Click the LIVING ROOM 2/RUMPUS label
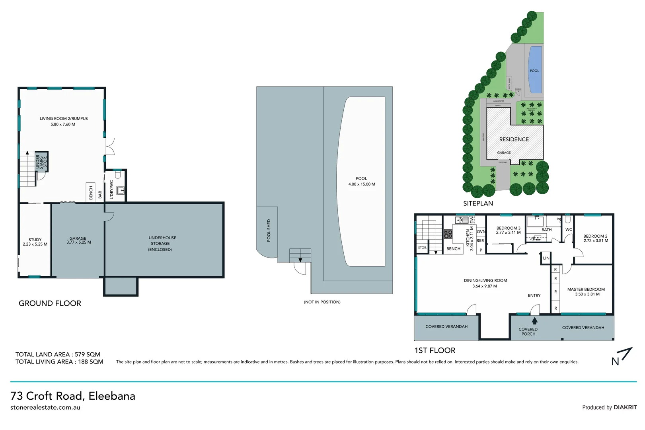[x=64, y=119]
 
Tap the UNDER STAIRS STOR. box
[x=41, y=162]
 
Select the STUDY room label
[x=35, y=240]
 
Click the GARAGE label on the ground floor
[x=78, y=238]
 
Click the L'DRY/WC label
[x=112, y=190]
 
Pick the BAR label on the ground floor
[x=100, y=194]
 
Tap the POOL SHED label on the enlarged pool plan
[x=269, y=231]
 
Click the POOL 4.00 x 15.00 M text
[x=361, y=181]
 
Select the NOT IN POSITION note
[x=322, y=302]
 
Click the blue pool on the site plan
[x=535, y=70]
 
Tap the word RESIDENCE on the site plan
[x=514, y=139]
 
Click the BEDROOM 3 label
[x=508, y=228]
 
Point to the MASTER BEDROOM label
[x=586, y=289]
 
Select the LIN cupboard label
[x=546, y=258]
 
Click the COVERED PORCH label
[x=528, y=331]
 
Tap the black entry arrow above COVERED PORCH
[x=534, y=320]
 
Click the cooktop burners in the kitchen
[x=448, y=234]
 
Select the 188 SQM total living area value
[x=91, y=362]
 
